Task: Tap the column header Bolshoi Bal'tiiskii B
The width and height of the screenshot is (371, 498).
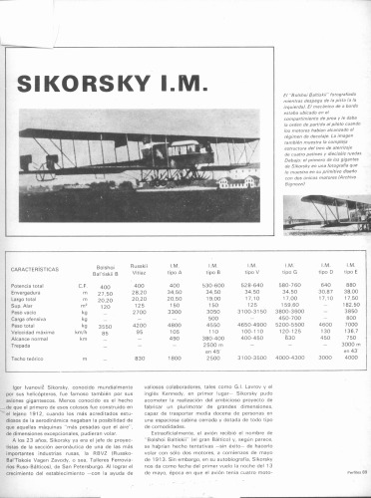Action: coord(105,270)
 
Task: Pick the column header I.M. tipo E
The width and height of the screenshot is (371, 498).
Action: coord(350,270)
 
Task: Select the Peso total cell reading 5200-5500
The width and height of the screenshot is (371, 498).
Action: coord(290,325)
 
